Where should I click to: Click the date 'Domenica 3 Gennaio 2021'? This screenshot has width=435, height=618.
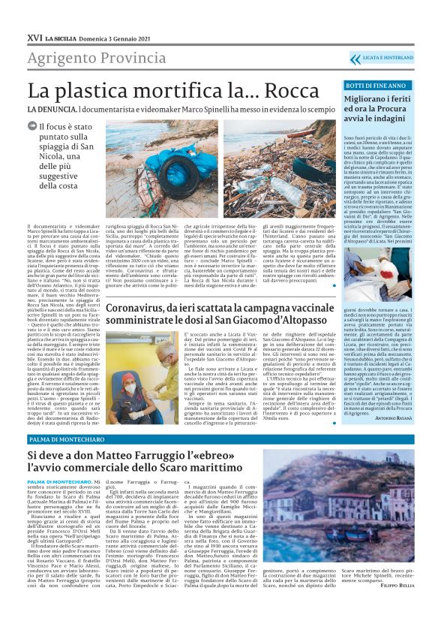click(x=113, y=37)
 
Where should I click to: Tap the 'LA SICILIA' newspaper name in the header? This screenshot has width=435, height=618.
click(x=61, y=37)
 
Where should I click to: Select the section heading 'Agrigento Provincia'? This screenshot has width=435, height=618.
click(x=86, y=58)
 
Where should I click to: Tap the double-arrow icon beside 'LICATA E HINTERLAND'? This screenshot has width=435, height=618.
click(x=356, y=58)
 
